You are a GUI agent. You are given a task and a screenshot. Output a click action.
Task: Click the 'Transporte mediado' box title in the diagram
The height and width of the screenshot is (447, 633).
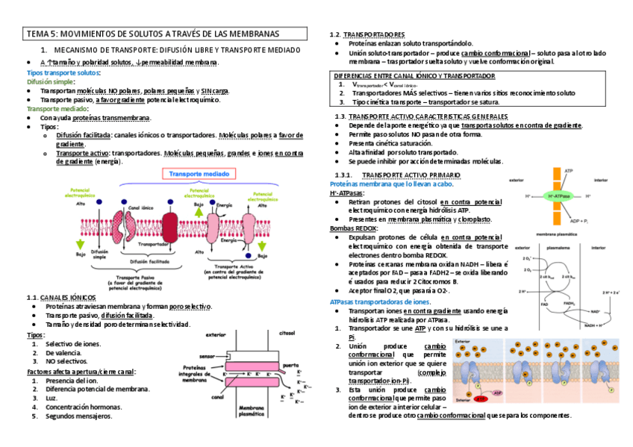pos(196,173)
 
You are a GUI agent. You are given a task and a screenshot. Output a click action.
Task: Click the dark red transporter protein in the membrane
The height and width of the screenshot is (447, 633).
pos(169,226)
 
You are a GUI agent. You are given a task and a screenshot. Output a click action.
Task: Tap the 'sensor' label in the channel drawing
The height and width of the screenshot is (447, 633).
pos(206,357)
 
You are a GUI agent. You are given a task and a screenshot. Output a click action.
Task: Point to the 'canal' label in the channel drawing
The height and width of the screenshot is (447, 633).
pos(216,397)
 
